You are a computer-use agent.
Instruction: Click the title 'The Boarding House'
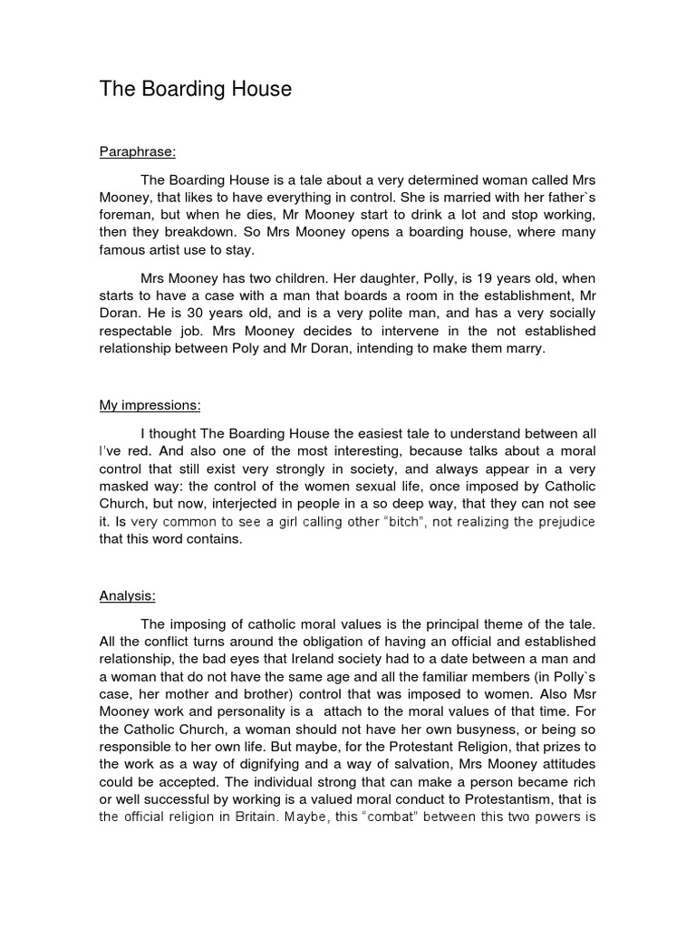(196, 89)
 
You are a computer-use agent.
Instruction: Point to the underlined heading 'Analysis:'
(127, 595)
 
